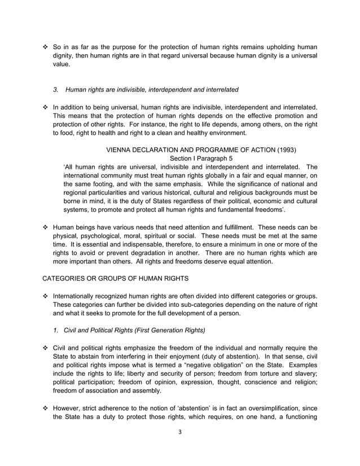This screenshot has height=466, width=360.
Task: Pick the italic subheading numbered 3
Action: click(146, 89)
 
